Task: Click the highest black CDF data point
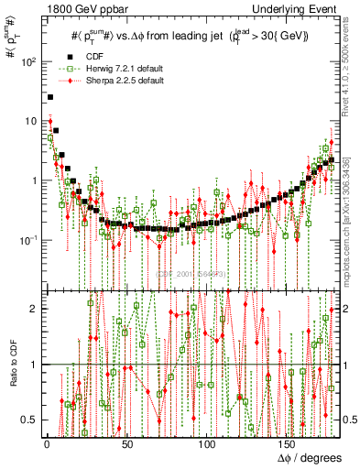click(x=50, y=96)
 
